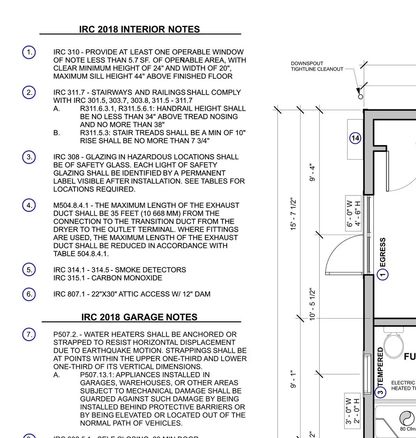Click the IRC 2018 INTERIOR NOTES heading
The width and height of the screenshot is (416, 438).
click(x=139, y=30)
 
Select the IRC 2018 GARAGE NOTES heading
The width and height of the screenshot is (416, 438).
click(x=139, y=317)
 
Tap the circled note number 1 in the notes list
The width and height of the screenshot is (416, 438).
click(x=29, y=52)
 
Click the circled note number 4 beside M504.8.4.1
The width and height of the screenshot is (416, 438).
click(x=29, y=205)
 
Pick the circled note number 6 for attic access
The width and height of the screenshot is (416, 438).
click(x=29, y=294)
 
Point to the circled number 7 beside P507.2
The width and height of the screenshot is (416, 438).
click(x=29, y=335)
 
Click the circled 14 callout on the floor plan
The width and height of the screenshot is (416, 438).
click(x=356, y=138)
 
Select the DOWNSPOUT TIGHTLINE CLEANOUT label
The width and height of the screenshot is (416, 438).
click(x=317, y=66)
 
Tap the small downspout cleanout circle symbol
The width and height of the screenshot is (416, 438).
click(x=360, y=97)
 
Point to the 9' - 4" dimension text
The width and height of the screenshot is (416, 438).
click(x=313, y=173)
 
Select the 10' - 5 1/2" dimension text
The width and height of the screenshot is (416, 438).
click(x=313, y=304)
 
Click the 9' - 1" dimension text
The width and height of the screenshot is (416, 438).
click(x=293, y=379)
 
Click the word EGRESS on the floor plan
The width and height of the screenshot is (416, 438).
click(x=382, y=252)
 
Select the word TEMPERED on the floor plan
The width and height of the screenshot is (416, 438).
click(x=381, y=367)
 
